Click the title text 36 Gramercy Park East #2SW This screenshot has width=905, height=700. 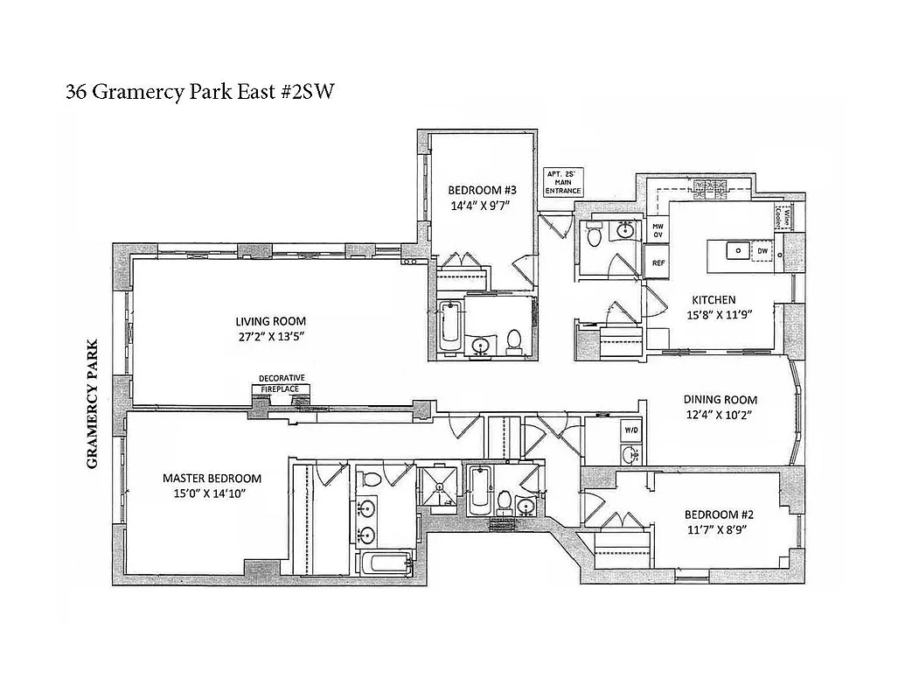pyautogui.click(x=199, y=91)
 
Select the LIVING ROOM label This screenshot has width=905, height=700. pyautogui.click(x=269, y=320)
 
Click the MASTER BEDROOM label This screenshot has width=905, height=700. pyautogui.click(x=212, y=478)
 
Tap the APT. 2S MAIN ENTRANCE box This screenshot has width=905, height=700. pyautogui.click(x=562, y=182)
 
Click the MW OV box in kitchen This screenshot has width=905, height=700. pyautogui.click(x=658, y=230)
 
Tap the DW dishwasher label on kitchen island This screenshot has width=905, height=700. pyautogui.click(x=762, y=251)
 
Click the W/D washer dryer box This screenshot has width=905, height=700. pyautogui.click(x=630, y=430)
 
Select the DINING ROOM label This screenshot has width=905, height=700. pyautogui.click(x=720, y=400)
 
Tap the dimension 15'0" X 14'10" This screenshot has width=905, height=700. pyautogui.click(x=212, y=493)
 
